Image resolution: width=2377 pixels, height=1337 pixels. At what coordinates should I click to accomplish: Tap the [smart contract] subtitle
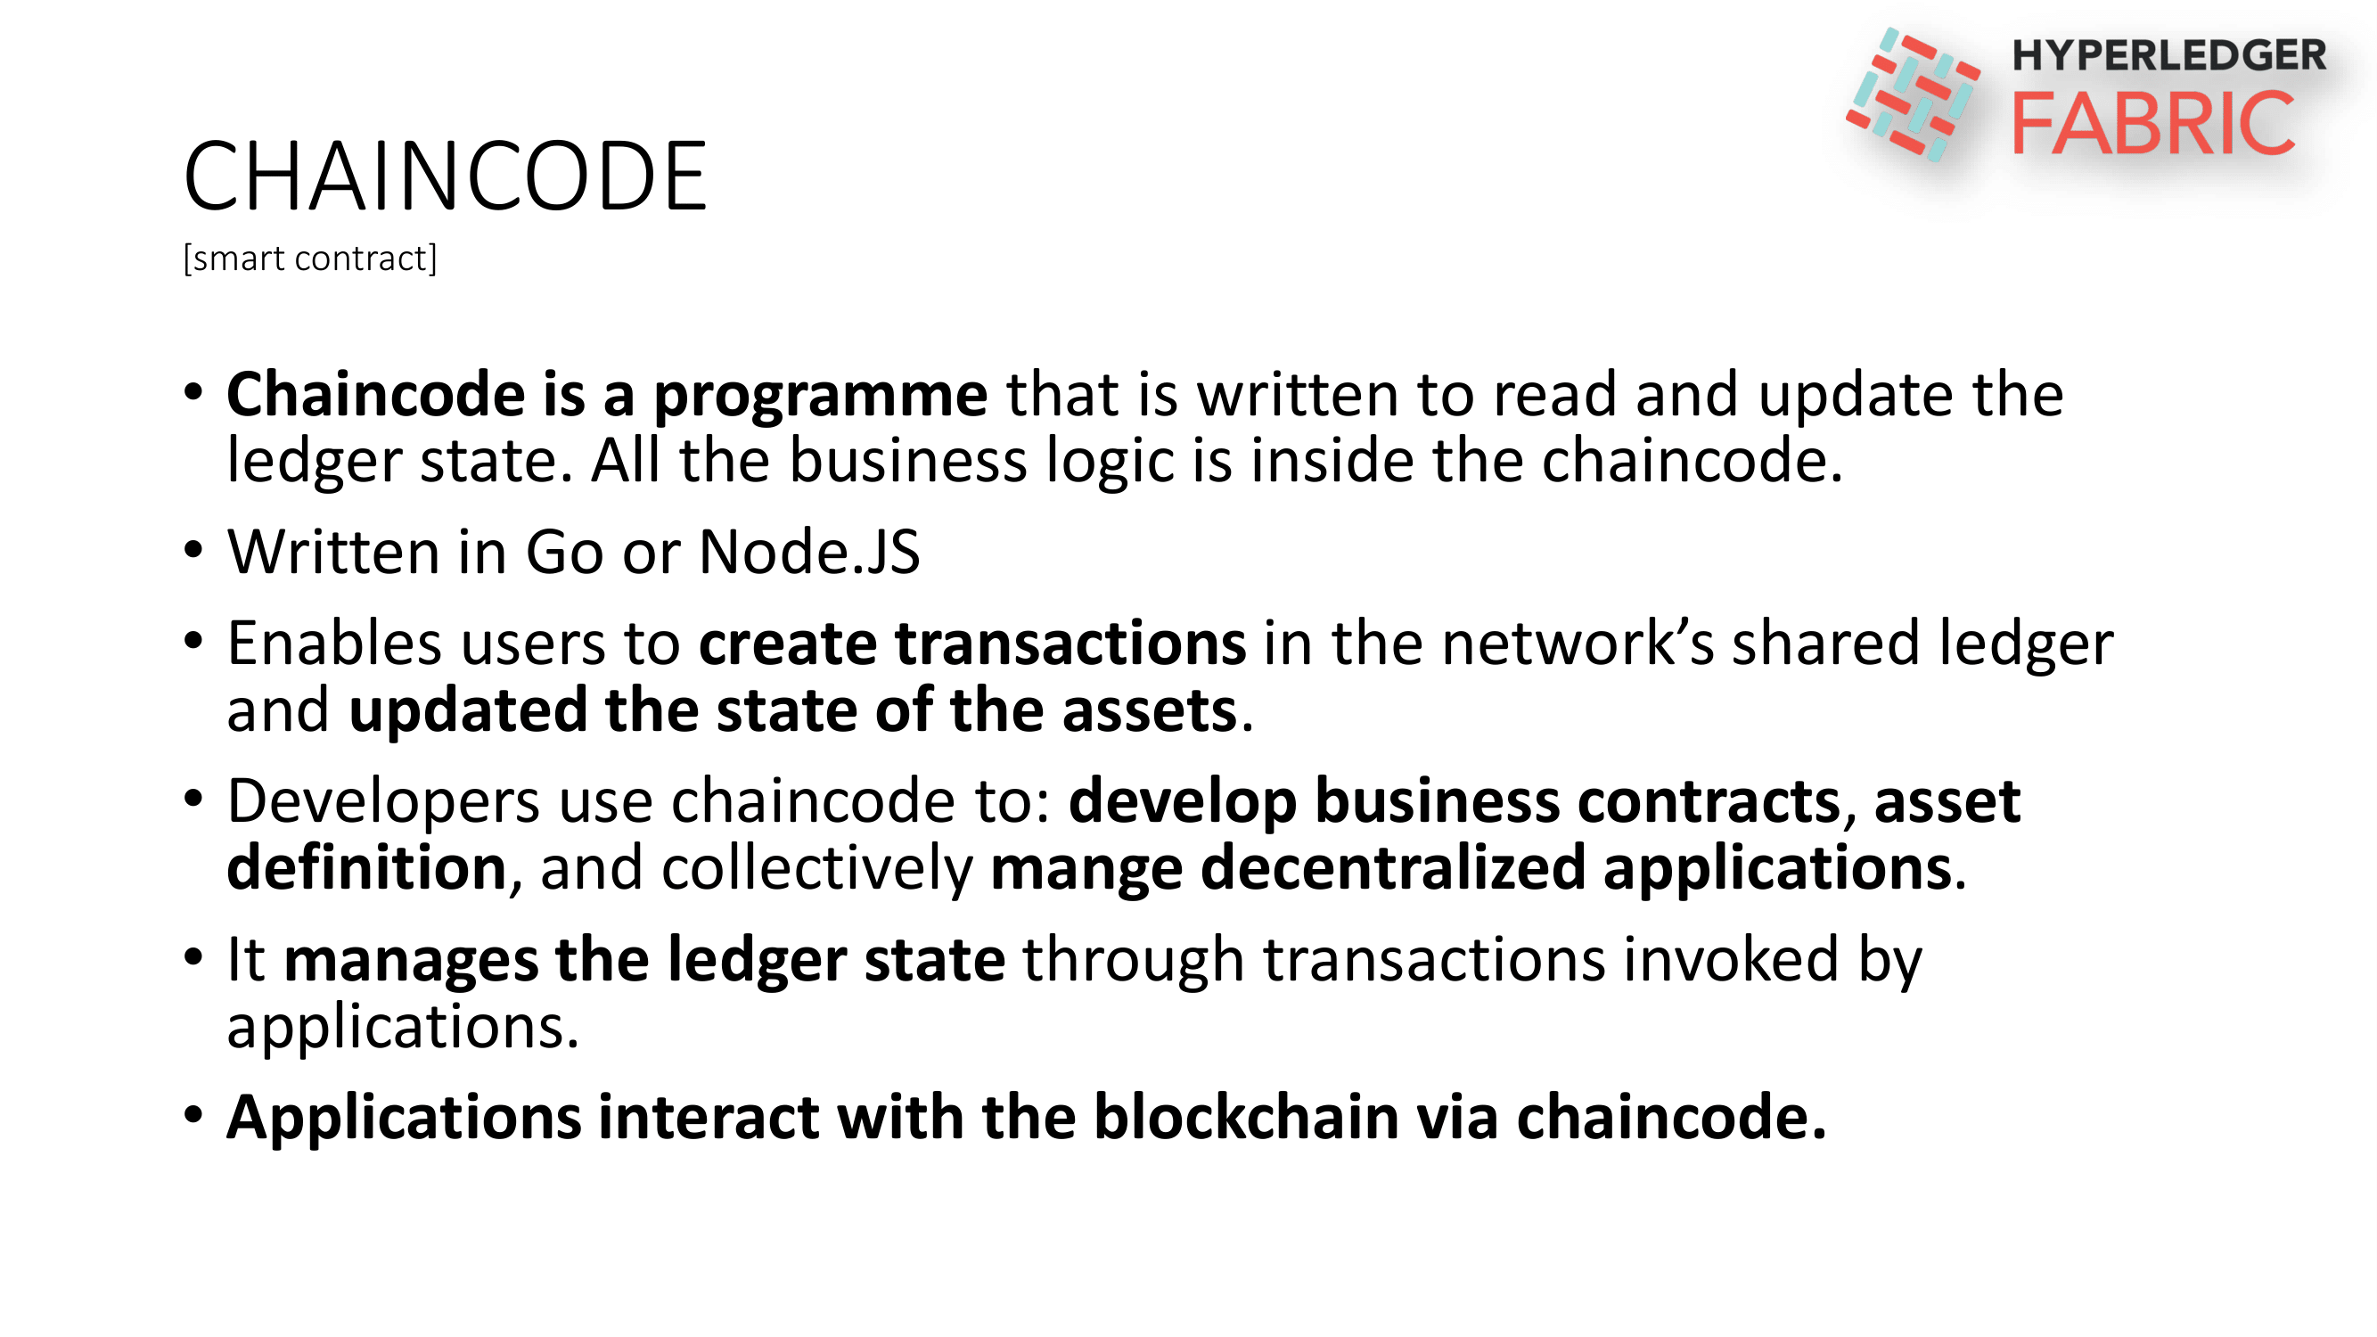[x=310, y=258]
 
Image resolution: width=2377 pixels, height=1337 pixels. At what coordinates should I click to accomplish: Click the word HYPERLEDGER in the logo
[x=2168, y=55]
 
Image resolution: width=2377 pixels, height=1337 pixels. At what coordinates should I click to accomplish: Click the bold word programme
[x=820, y=395]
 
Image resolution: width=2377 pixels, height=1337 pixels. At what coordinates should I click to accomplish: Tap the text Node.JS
[x=809, y=552]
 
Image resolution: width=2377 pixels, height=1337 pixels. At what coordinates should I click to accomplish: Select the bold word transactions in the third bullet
[x=1070, y=644]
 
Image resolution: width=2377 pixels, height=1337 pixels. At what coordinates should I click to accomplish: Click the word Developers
[x=383, y=801]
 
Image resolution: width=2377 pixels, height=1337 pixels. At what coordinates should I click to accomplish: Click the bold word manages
[x=411, y=961]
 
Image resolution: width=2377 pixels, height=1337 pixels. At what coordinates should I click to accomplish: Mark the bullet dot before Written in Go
[x=193, y=551]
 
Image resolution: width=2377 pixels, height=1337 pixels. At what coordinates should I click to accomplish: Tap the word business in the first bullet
[x=908, y=461]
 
